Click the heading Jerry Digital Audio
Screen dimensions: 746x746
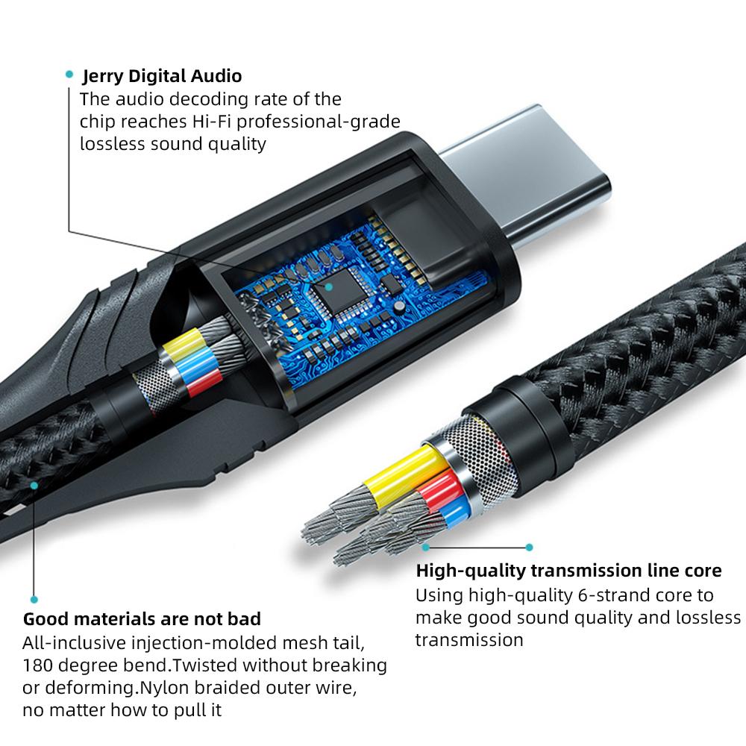pyautogui.click(x=162, y=76)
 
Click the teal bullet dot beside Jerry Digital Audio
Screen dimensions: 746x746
pyautogui.click(x=69, y=74)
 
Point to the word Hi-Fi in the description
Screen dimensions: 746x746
pyautogui.click(x=212, y=122)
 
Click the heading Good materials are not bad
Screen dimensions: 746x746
pyautogui.click(x=142, y=619)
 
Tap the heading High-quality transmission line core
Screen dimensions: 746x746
pyautogui.click(x=568, y=571)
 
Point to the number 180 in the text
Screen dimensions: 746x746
pyautogui.click(x=37, y=665)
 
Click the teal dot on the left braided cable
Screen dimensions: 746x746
pyautogui.click(x=34, y=486)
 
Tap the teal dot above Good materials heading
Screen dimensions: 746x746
pyautogui.click(x=34, y=600)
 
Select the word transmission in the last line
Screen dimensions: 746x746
pyautogui.click(x=469, y=640)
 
